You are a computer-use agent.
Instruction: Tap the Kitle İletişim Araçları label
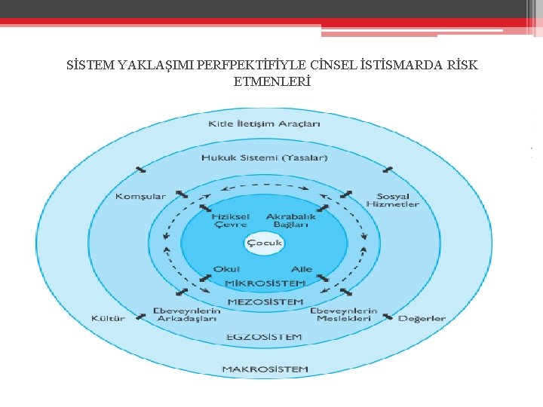[265, 124]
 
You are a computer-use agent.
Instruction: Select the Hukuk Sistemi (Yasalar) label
[265, 158]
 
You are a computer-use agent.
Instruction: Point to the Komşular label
[140, 197]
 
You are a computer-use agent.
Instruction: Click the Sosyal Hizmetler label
[392, 200]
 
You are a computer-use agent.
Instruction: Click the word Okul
[227, 269]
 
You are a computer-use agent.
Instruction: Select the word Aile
[302, 269]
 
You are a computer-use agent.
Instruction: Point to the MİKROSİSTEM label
[265, 283]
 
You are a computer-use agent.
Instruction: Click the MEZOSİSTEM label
[265, 301]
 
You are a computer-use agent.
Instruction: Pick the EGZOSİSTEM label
[265, 337]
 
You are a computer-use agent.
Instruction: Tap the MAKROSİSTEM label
[265, 369]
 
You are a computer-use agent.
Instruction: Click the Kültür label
[108, 319]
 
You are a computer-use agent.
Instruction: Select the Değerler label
[422, 319]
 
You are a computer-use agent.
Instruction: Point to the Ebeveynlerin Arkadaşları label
[186, 314]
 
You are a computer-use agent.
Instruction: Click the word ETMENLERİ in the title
[271, 81]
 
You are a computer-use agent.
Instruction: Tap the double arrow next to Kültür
[141, 317]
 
